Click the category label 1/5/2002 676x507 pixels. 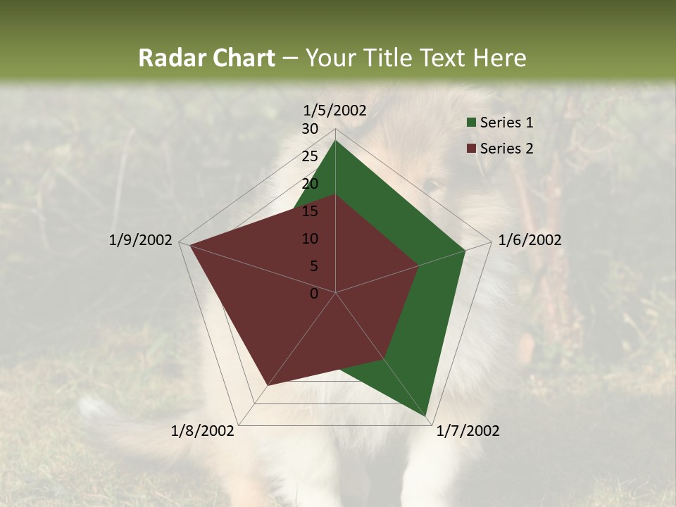(x=334, y=111)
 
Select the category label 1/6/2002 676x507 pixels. (x=530, y=240)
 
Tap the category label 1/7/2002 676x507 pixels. (x=468, y=431)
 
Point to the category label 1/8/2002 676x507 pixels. (x=203, y=431)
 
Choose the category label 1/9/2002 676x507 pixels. (x=140, y=240)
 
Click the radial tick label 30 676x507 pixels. (x=310, y=129)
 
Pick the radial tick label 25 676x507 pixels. (x=310, y=156)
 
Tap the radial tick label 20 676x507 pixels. (x=310, y=184)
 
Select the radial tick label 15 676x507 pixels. (x=310, y=211)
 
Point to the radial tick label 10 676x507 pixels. (x=310, y=239)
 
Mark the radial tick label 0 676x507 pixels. (x=314, y=294)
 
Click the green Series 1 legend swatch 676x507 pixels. (x=471, y=123)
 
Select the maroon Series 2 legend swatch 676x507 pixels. (x=471, y=149)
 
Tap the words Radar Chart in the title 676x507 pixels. (x=206, y=58)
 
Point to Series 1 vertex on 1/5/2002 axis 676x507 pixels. (x=335, y=141)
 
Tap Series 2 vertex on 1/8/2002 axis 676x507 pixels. (x=267, y=386)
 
